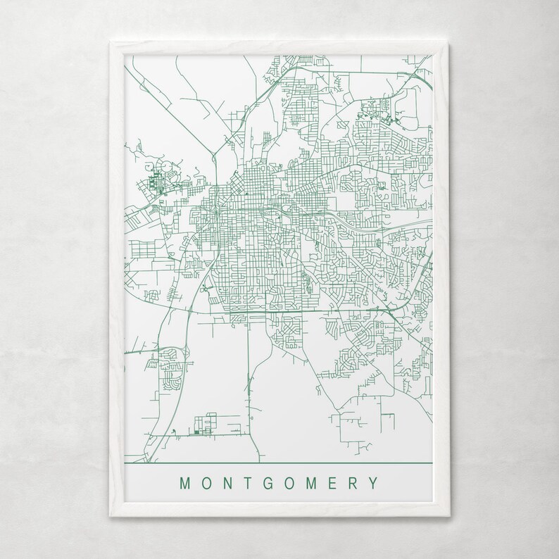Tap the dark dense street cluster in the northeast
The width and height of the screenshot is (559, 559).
pyautogui.click(x=374, y=113)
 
